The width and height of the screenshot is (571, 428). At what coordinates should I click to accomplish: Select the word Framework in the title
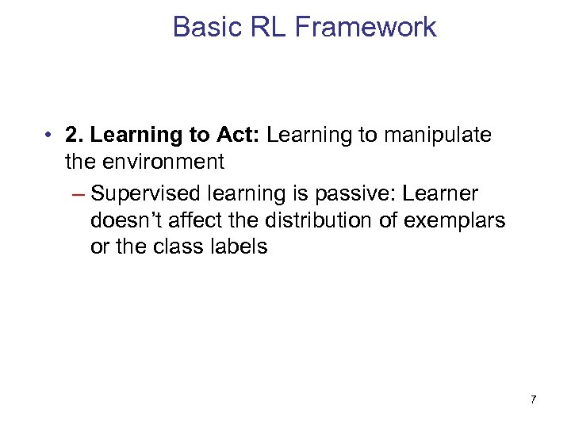click(x=366, y=27)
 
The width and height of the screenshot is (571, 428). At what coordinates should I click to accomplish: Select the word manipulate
click(x=437, y=135)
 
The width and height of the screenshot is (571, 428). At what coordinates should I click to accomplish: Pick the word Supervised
click(x=148, y=193)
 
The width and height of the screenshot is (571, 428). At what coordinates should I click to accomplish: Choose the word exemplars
click(x=454, y=220)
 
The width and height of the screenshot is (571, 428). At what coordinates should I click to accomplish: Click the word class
click(x=179, y=247)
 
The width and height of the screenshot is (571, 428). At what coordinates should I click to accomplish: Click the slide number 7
click(x=533, y=399)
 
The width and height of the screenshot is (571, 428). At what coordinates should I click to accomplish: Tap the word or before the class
click(x=99, y=247)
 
